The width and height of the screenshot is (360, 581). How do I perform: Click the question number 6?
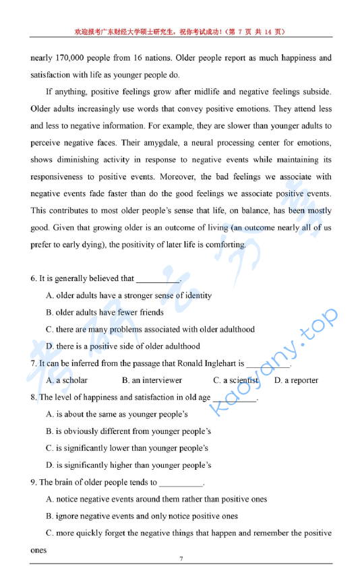[33, 278]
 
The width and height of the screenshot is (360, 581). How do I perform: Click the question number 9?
[33, 482]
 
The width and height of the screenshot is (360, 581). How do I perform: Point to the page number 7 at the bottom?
[181, 559]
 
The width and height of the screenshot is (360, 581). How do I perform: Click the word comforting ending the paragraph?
[225, 245]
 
